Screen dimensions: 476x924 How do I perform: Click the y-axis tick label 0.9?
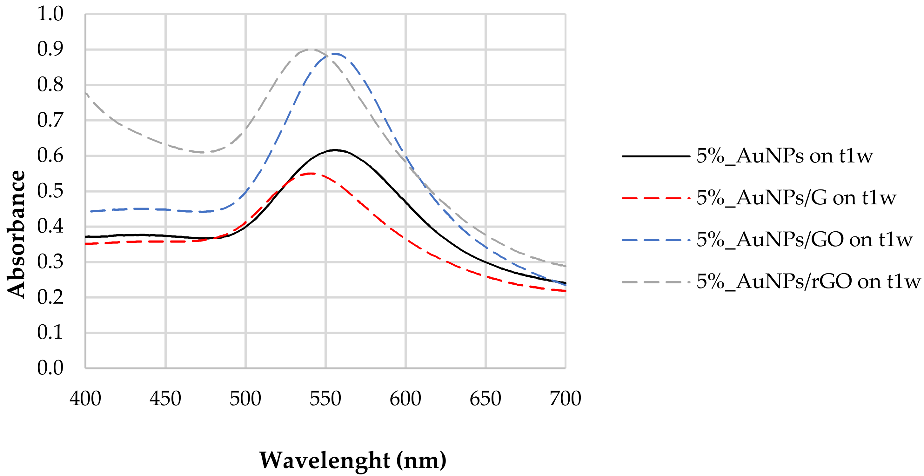click(50, 50)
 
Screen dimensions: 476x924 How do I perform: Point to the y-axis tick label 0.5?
click(50, 191)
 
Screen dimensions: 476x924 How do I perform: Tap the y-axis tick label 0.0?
click(50, 368)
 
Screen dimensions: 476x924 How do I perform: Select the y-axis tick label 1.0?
click(50, 14)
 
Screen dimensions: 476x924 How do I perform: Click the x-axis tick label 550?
click(325, 399)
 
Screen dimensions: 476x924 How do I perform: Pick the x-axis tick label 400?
click(85, 399)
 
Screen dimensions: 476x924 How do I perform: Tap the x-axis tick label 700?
click(565, 399)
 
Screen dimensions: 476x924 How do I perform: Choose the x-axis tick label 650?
click(485, 399)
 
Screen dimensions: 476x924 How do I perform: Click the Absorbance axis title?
click(17, 234)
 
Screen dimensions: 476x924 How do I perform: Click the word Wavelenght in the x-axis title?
click(325, 460)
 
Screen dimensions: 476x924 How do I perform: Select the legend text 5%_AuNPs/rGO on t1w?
click(808, 281)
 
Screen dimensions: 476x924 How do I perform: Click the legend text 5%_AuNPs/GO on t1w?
click(804, 240)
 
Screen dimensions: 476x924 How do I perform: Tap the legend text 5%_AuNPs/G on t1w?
click(796, 197)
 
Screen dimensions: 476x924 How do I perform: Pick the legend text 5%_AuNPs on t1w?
click(785, 156)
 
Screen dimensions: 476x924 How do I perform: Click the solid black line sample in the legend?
click(656, 156)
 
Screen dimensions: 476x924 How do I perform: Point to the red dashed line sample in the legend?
click(656, 198)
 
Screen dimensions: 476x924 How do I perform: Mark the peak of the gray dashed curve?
click(310, 50)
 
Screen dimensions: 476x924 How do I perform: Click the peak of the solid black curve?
click(335, 150)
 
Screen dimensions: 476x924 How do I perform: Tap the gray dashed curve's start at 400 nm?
click(86, 93)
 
